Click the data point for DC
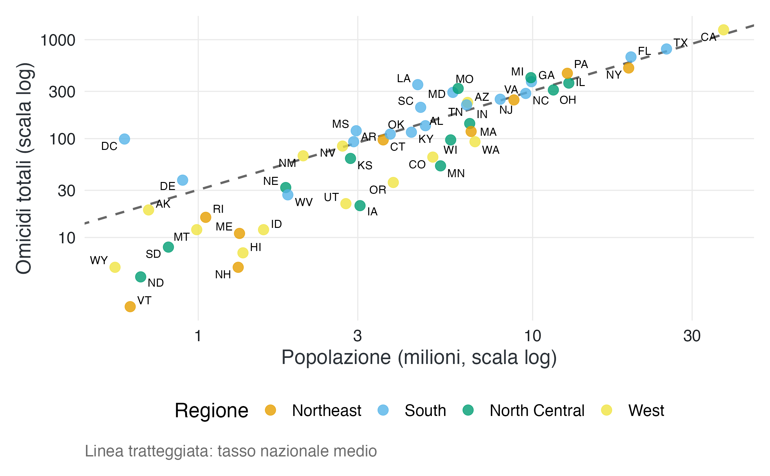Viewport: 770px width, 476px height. (x=124, y=139)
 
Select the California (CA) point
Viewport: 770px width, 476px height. (x=723, y=30)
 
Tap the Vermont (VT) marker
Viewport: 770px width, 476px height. (x=130, y=307)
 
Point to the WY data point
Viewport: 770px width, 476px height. (x=115, y=267)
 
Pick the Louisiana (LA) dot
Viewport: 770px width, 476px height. (x=417, y=85)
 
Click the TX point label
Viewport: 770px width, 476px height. (x=680, y=43)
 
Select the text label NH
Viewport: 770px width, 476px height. (x=223, y=275)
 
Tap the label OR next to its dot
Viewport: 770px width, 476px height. (x=378, y=190)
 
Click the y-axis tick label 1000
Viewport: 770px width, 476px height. (x=58, y=41)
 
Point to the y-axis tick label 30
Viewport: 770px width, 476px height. (x=66, y=191)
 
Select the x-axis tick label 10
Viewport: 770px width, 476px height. (x=533, y=336)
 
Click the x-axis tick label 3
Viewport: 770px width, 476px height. (x=357, y=336)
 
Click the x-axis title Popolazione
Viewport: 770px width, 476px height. (x=336, y=357)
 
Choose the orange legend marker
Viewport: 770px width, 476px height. (x=270, y=410)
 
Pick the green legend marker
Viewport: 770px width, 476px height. (x=468, y=410)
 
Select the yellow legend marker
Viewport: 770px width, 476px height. (x=606, y=410)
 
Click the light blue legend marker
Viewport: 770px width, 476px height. (x=383, y=410)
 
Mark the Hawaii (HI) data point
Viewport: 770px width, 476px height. (x=243, y=253)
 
